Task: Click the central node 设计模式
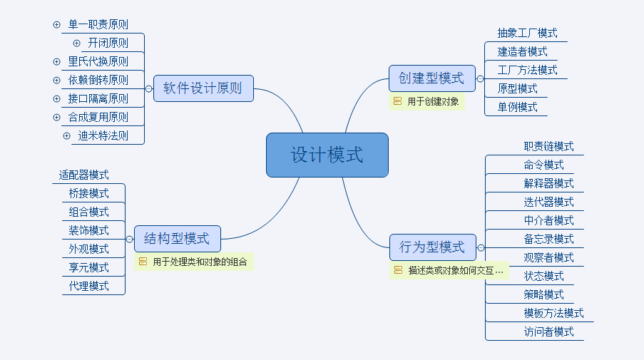click(x=327, y=155)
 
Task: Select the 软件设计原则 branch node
click(x=203, y=88)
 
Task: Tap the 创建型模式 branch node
click(x=431, y=78)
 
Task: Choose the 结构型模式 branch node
click(x=177, y=239)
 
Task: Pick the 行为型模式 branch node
click(x=432, y=247)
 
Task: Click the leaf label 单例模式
click(x=517, y=107)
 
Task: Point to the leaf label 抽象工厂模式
click(x=527, y=33)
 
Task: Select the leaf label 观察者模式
click(x=548, y=257)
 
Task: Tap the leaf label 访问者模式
click(x=548, y=331)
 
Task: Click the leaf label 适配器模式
click(x=84, y=175)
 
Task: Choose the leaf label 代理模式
click(x=89, y=286)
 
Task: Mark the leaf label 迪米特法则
click(x=103, y=135)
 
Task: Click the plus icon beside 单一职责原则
click(x=57, y=24)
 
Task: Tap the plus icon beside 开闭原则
click(x=77, y=43)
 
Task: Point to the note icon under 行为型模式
click(x=398, y=271)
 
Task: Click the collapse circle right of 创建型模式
click(x=481, y=78)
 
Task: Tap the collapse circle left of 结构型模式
click(x=129, y=239)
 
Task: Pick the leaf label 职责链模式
click(x=548, y=146)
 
